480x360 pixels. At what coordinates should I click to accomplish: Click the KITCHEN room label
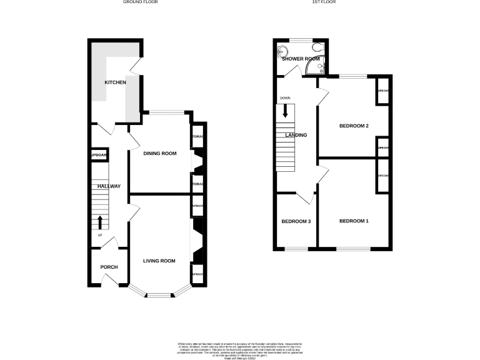click(115, 82)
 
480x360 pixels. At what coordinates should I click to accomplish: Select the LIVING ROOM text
click(159, 261)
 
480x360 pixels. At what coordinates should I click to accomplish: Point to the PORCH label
click(109, 267)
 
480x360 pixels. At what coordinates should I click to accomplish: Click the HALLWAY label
click(108, 186)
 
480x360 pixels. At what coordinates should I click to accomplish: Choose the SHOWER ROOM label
click(301, 59)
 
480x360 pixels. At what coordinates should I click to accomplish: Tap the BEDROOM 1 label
click(354, 221)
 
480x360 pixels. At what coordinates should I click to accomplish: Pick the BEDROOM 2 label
click(354, 126)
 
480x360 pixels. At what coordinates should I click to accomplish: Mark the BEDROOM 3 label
click(296, 221)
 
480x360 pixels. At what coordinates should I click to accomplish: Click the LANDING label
click(296, 135)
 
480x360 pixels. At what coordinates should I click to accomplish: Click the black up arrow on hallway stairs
click(99, 222)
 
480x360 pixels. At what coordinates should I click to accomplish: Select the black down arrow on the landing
click(286, 111)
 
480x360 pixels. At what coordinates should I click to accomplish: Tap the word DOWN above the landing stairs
click(285, 98)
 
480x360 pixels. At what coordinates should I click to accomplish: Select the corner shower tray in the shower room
click(322, 66)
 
